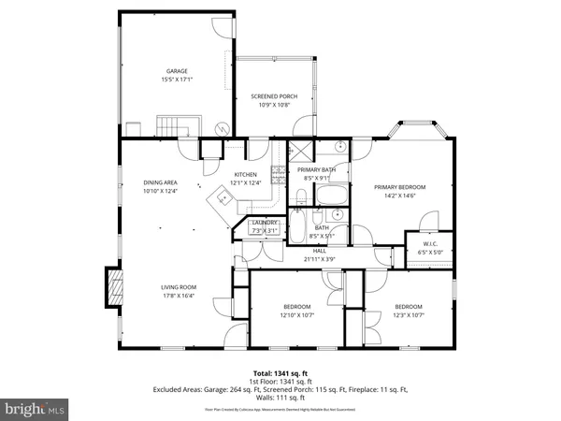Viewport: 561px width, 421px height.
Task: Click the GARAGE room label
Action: tap(177, 71)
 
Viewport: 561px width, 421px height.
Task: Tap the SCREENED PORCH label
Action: tap(274, 96)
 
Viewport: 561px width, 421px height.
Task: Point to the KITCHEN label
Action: tap(245, 175)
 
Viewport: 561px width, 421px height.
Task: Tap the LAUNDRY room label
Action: tap(266, 223)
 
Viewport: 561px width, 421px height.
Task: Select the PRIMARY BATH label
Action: tap(316, 170)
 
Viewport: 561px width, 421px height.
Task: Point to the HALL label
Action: tap(320, 250)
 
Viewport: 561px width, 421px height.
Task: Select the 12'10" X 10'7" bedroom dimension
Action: tap(297, 315)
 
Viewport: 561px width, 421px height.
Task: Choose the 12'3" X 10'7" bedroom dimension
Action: tap(408, 315)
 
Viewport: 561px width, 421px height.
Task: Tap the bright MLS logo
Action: tap(36, 409)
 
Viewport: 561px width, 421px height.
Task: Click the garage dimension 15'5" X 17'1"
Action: tap(177, 80)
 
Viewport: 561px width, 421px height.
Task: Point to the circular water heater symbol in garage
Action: tap(223, 128)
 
